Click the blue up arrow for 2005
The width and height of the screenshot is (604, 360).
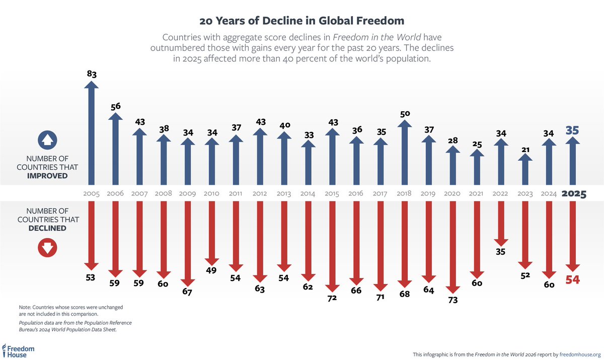click(x=92, y=133)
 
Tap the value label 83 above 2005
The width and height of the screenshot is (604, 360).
click(x=92, y=75)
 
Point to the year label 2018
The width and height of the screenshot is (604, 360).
click(x=404, y=193)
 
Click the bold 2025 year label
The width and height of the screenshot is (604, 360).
click(x=573, y=194)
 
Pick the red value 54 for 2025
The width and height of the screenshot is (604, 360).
click(x=572, y=280)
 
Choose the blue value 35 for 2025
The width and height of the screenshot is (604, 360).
click(x=572, y=130)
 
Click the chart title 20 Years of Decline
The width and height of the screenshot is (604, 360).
click(x=302, y=21)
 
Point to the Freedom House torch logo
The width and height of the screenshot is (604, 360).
click(x=5, y=350)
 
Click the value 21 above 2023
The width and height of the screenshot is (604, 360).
click(x=525, y=149)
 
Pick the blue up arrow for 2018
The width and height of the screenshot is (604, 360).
click(x=404, y=151)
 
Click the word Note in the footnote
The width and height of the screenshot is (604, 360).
click(x=25, y=307)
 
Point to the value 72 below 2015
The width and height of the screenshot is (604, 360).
click(x=332, y=298)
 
